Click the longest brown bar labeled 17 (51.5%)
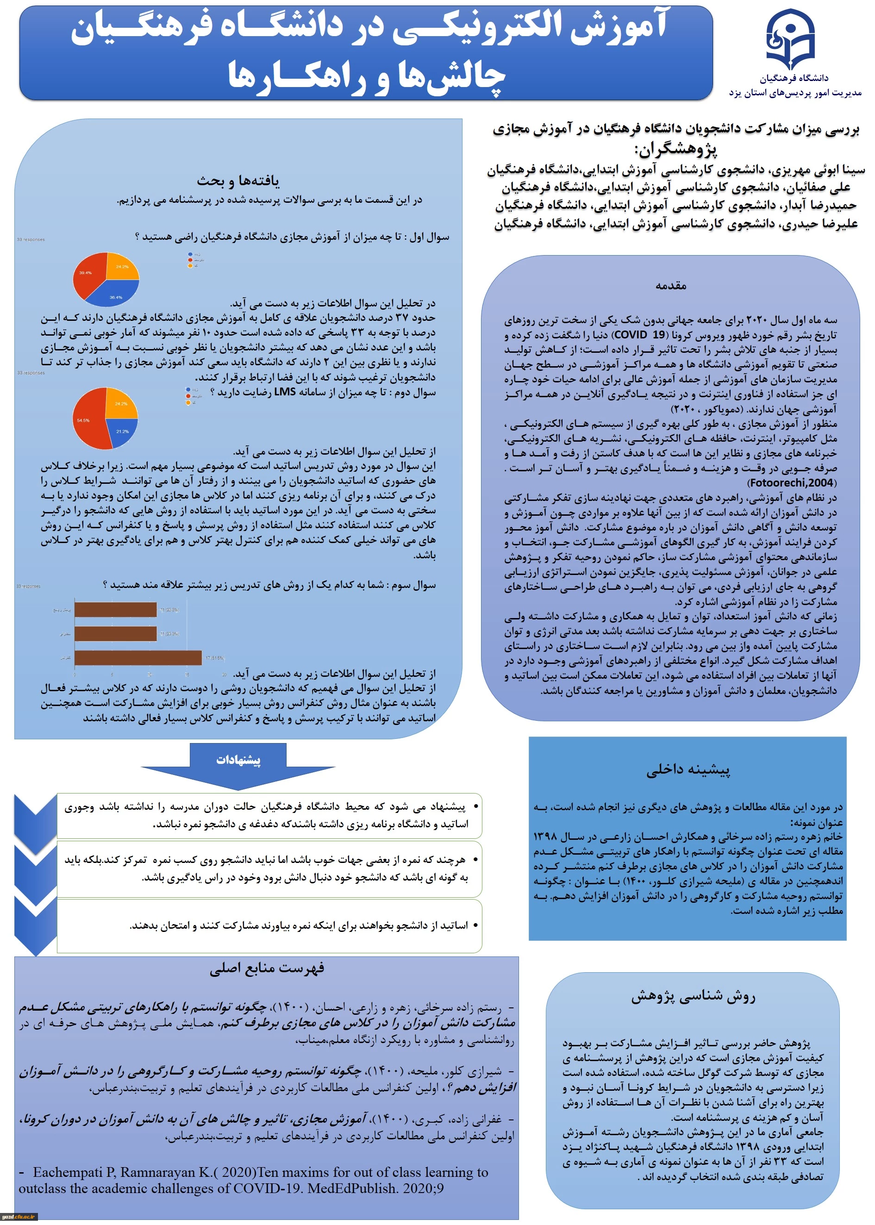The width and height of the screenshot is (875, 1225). (x=138, y=658)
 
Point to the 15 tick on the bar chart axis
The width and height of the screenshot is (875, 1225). (x=187, y=675)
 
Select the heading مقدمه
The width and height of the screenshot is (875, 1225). (x=670, y=286)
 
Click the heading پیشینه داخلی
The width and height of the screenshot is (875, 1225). (x=688, y=770)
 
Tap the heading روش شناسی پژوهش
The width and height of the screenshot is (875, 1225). (x=694, y=997)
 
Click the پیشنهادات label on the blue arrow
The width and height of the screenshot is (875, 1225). (x=238, y=760)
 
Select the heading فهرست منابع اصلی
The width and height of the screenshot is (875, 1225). (x=267, y=969)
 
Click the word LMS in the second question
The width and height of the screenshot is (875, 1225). (x=285, y=392)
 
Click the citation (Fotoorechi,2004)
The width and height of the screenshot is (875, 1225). (x=792, y=482)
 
